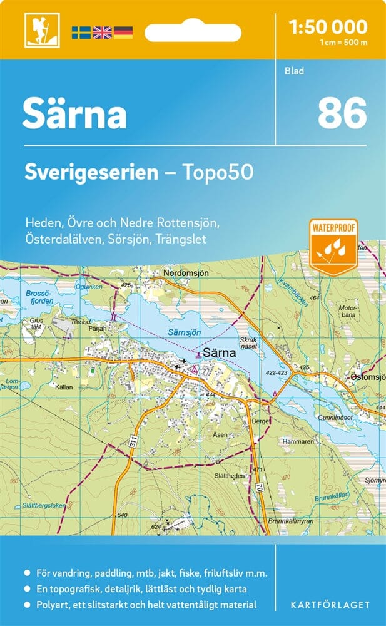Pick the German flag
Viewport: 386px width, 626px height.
(123, 32)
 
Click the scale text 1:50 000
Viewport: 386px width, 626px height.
(328, 27)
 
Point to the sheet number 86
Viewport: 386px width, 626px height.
(342, 114)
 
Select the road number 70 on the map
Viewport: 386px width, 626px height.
(259, 486)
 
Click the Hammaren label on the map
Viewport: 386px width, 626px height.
(297, 441)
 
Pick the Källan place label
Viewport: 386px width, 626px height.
(63, 387)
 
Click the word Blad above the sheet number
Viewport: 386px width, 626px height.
(294, 71)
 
